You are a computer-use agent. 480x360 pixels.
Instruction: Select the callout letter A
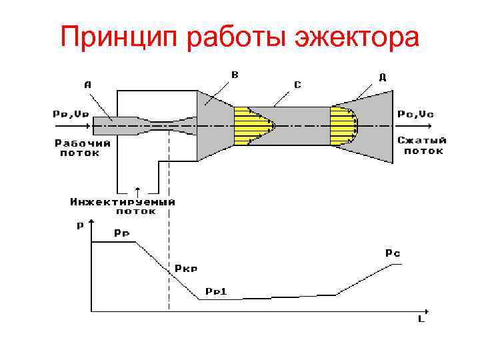(x=87, y=84)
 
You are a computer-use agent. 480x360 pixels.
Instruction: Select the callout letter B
(x=234, y=75)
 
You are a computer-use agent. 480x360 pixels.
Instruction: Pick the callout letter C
(x=297, y=85)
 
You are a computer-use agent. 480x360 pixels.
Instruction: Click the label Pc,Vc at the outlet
(x=415, y=114)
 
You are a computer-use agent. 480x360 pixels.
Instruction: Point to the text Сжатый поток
(x=423, y=145)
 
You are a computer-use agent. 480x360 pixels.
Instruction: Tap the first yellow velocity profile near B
(x=253, y=125)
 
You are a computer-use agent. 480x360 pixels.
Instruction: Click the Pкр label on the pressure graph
(x=186, y=269)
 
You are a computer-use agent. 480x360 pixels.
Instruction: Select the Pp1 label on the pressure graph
(x=216, y=291)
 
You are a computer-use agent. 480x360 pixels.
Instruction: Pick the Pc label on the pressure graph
(x=392, y=253)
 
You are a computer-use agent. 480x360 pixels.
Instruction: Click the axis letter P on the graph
(x=80, y=225)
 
